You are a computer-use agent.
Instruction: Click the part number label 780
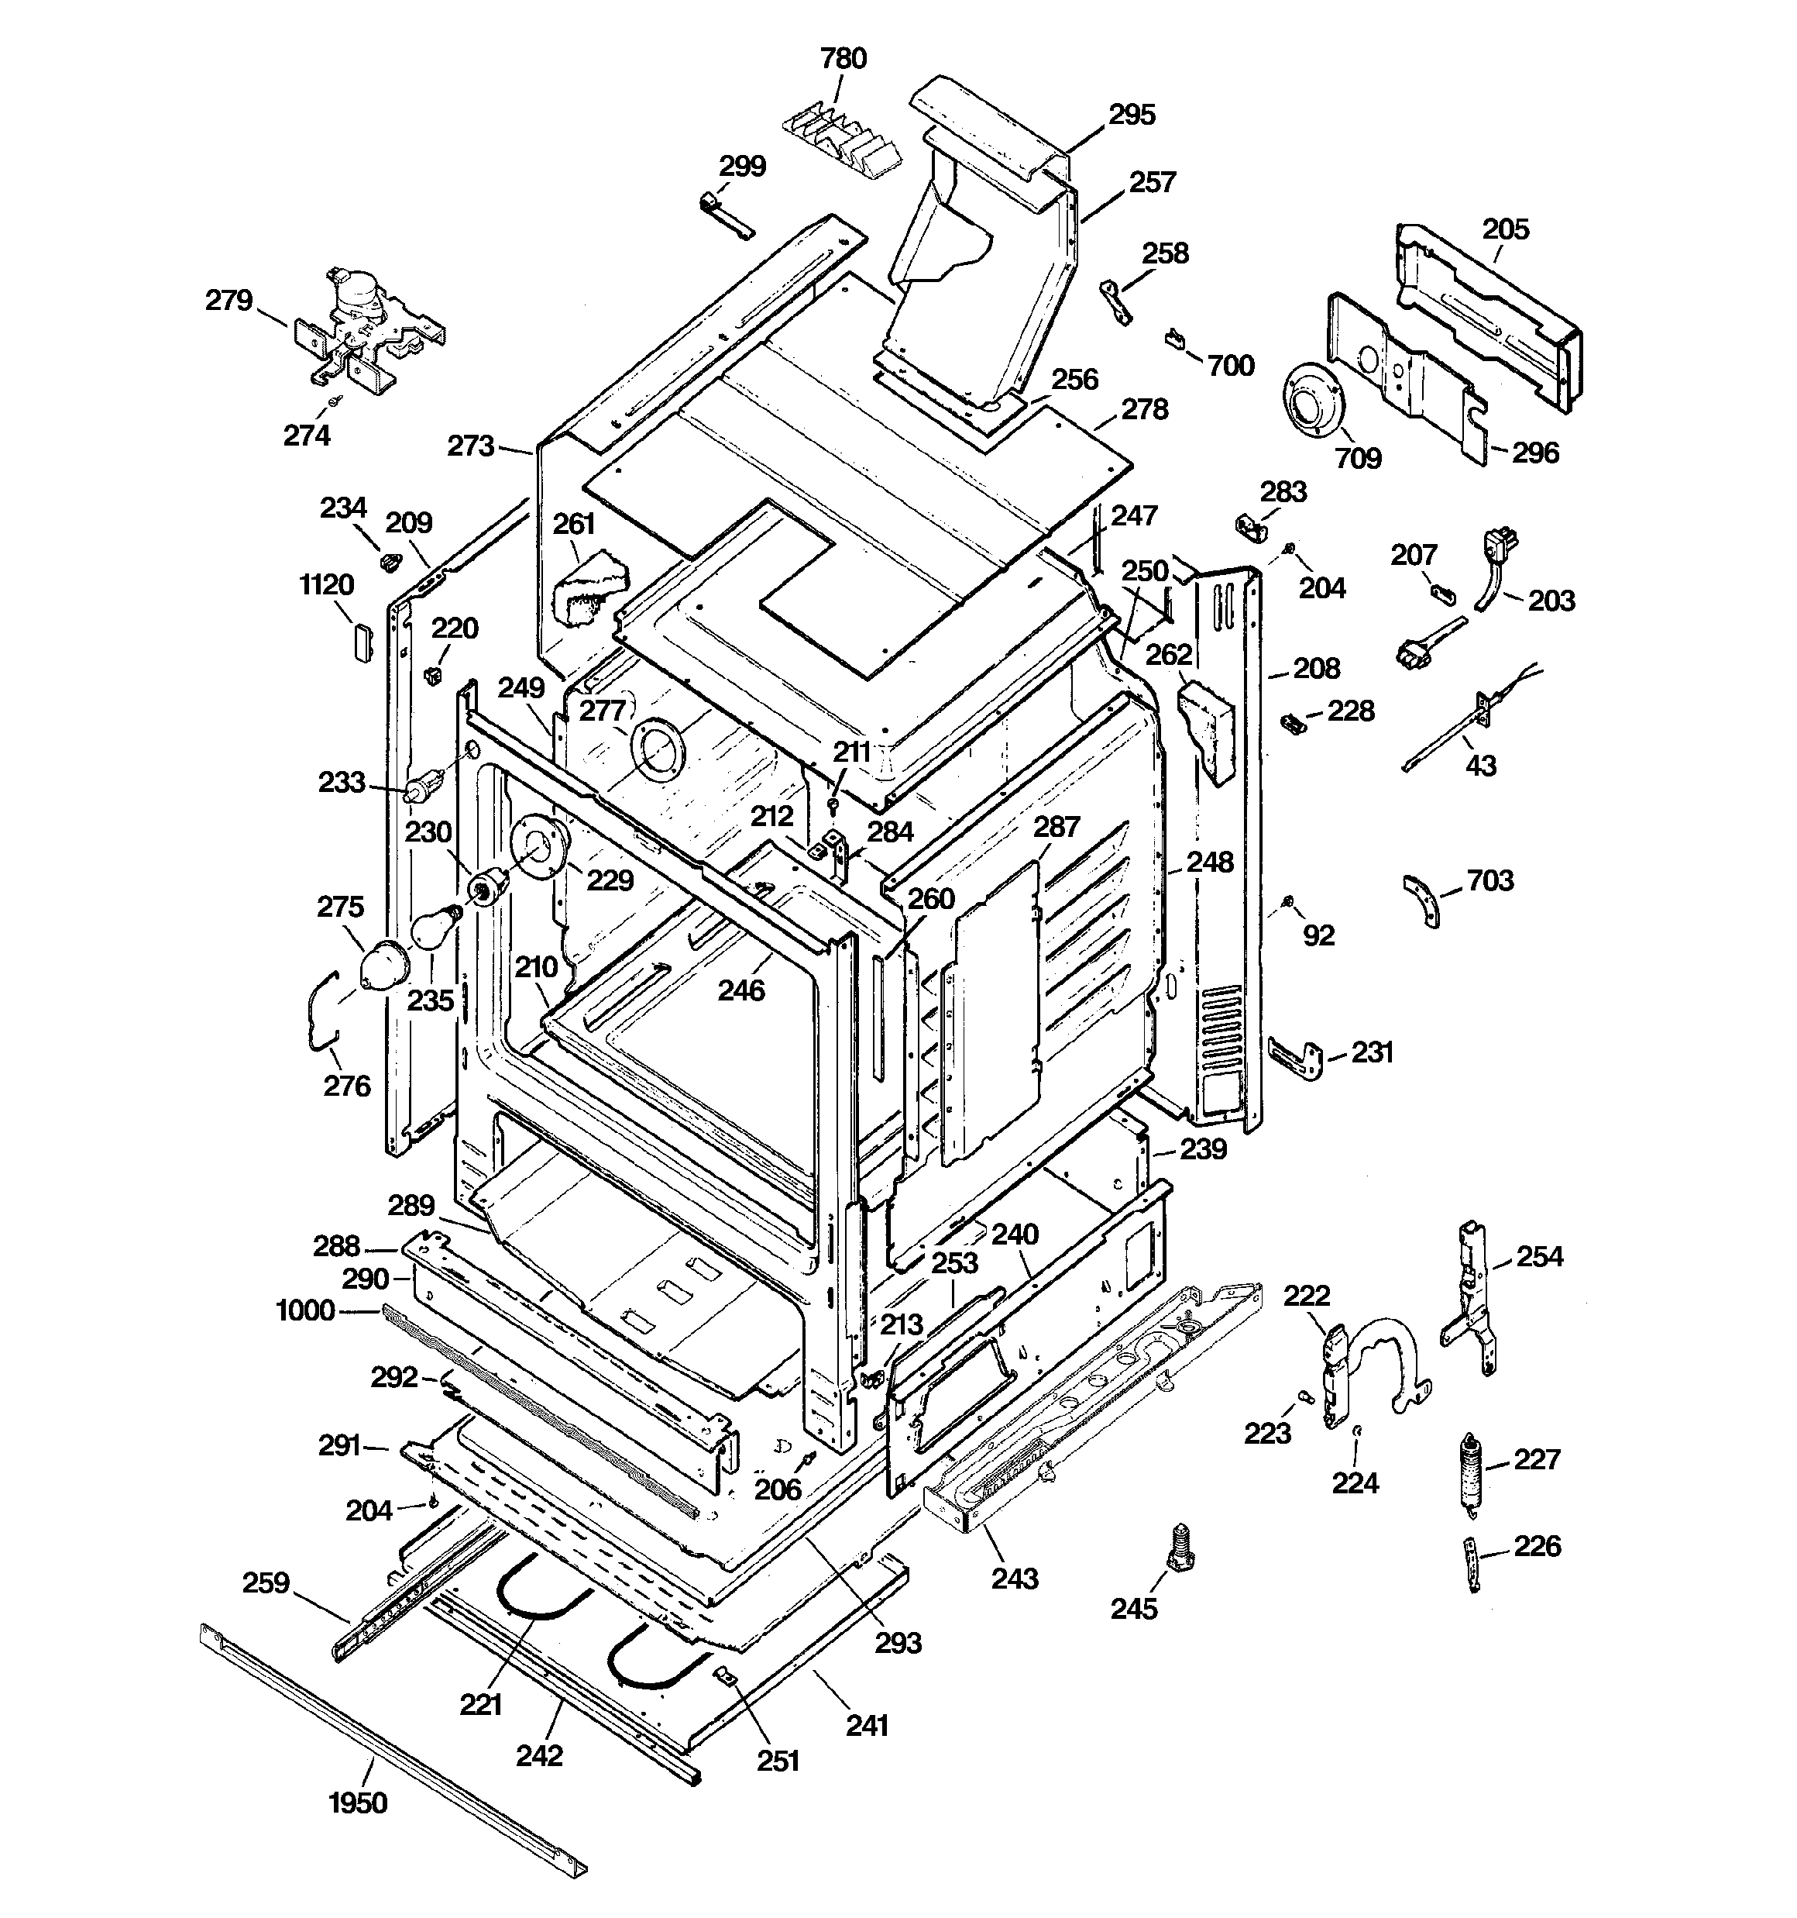pos(843,59)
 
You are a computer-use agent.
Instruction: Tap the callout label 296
pos(1534,453)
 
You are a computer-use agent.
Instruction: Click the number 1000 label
pos(305,1310)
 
